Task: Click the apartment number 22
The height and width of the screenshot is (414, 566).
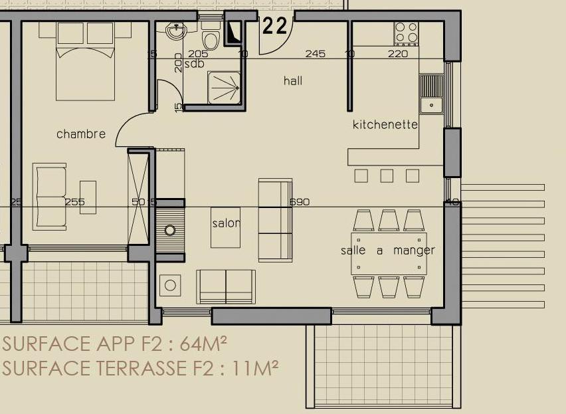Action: click(275, 26)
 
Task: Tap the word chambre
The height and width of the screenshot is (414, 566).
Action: click(81, 134)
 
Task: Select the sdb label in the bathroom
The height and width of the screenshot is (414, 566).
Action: click(194, 64)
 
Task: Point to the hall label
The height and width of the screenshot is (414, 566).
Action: click(293, 80)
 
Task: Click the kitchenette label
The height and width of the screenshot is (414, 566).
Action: click(385, 124)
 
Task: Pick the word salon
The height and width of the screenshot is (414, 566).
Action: click(226, 223)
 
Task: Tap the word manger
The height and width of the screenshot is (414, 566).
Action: click(414, 251)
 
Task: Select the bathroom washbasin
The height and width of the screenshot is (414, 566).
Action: click(176, 30)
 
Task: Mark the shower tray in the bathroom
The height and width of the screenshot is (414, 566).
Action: click(224, 88)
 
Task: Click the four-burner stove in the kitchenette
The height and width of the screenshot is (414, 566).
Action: click(406, 34)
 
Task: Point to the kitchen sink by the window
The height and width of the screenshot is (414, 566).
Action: click(431, 94)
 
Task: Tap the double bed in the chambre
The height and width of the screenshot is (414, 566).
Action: click(85, 61)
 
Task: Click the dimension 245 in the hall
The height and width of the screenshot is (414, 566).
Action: click(315, 54)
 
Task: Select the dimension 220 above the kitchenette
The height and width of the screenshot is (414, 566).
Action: click(398, 54)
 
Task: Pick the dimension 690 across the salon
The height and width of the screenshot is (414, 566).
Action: click(300, 202)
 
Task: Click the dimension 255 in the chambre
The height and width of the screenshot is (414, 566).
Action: click(74, 202)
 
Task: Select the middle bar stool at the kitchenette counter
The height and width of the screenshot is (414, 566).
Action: click(387, 176)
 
